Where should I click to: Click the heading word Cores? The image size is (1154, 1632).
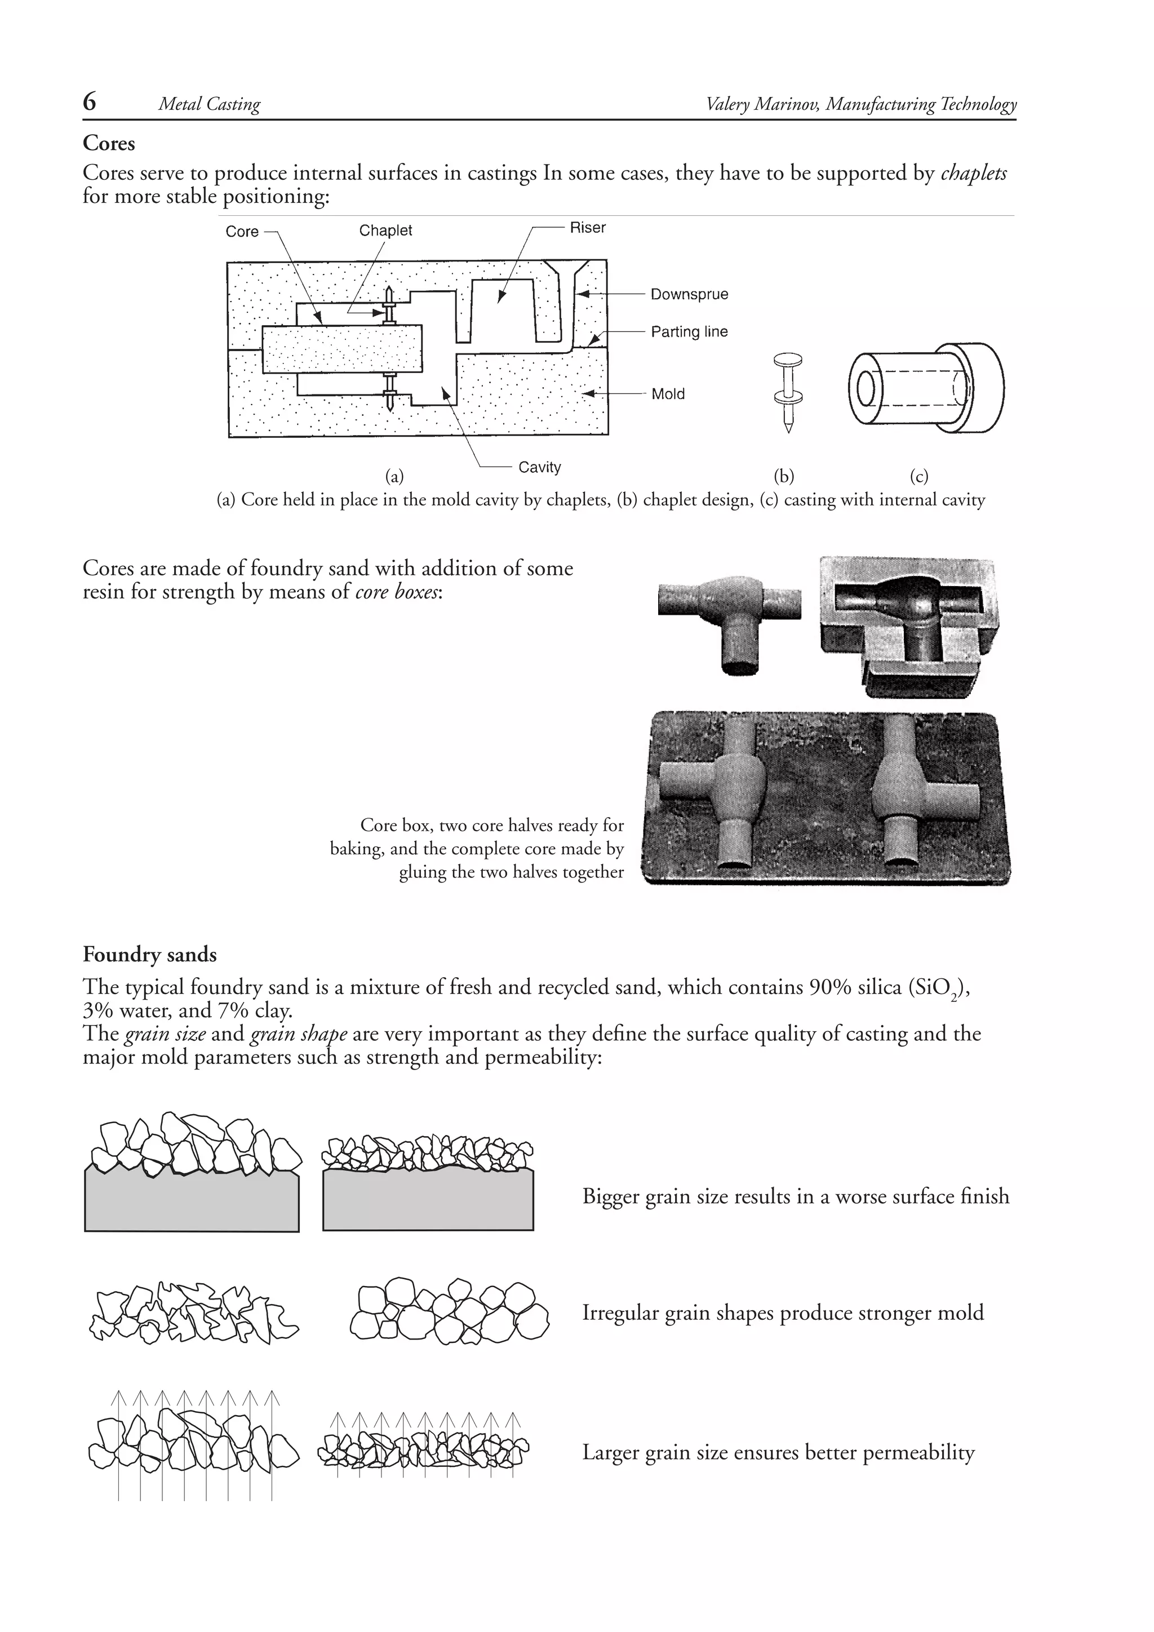tap(109, 143)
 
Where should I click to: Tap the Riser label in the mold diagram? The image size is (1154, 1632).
tap(587, 228)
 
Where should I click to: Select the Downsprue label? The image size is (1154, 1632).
tap(689, 294)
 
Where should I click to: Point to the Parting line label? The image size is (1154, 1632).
tap(689, 331)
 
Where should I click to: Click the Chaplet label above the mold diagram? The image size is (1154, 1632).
tap(385, 230)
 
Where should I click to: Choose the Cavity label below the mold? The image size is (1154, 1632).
tap(539, 467)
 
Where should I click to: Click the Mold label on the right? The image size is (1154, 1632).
tap(667, 394)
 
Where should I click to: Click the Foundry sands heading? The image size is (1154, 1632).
tap(149, 955)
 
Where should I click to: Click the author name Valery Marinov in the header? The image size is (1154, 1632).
tap(762, 104)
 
